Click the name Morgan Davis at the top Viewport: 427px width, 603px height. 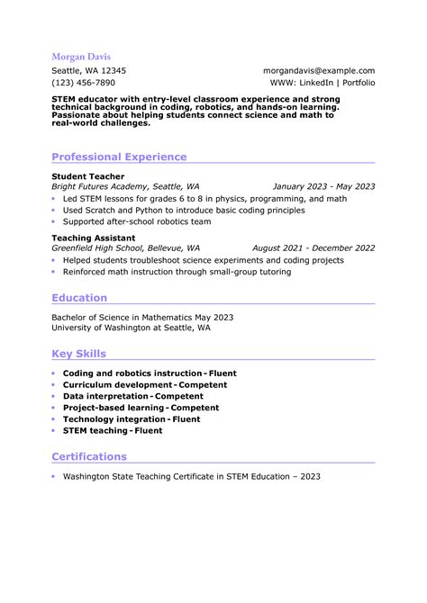click(81, 56)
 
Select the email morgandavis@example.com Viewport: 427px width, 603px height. click(319, 70)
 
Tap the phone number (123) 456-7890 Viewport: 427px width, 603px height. click(83, 82)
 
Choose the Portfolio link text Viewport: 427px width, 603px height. click(359, 82)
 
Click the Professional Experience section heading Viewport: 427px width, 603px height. click(119, 157)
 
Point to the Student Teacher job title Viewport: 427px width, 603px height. click(87, 176)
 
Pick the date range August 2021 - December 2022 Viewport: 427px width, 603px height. click(313, 247)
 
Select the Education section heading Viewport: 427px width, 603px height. click(79, 298)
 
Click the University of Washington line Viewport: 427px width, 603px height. click(131, 328)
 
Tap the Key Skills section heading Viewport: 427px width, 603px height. click(78, 354)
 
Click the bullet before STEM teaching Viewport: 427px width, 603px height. click(54, 431)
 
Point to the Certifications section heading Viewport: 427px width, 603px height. click(89, 456)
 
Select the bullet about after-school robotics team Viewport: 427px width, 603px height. click(137, 221)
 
